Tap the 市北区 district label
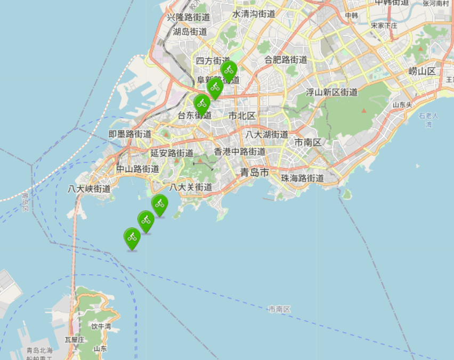click(242, 116)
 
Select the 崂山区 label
click(422, 71)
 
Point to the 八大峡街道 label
click(90, 189)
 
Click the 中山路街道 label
click(137, 169)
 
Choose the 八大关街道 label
click(191, 187)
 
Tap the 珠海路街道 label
click(303, 178)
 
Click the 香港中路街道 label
click(240, 152)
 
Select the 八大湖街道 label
click(267, 134)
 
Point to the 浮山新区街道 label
click(331, 92)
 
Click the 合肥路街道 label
click(286, 60)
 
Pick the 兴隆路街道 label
click(188, 18)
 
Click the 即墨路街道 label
click(129, 134)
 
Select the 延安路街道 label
click(172, 153)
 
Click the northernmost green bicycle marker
click(229, 70)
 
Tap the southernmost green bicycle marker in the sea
click(132, 237)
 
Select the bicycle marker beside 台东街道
click(201, 103)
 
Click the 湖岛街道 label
click(190, 32)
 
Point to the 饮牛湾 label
click(101, 326)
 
